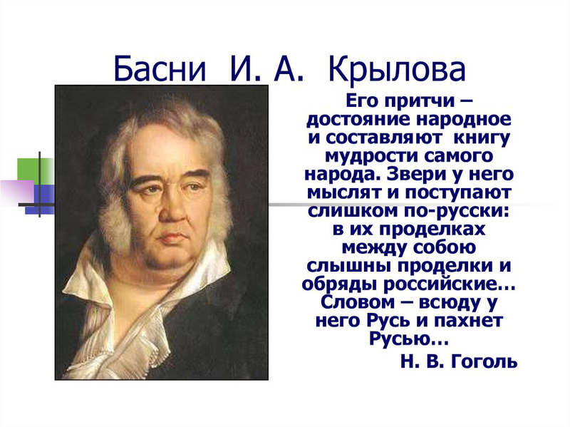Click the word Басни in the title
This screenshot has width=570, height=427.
(x=160, y=69)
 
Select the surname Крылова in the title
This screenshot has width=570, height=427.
(x=397, y=69)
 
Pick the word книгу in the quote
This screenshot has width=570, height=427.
(x=482, y=138)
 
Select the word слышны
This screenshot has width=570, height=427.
(x=349, y=266)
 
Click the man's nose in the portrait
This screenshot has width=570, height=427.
(x=174, y=207)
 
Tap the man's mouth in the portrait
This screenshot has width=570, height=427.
(x=171, y=237)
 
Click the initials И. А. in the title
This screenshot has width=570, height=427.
(x=266, y=69)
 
